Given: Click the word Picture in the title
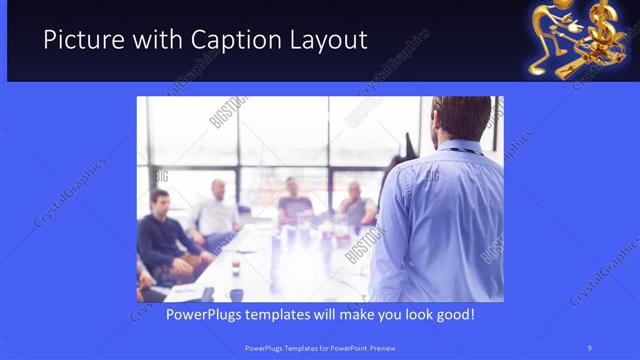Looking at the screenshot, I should pyautogui.click(x=82, y=41).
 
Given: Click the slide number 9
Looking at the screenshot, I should pyautogui.click(x=589, y=347).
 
